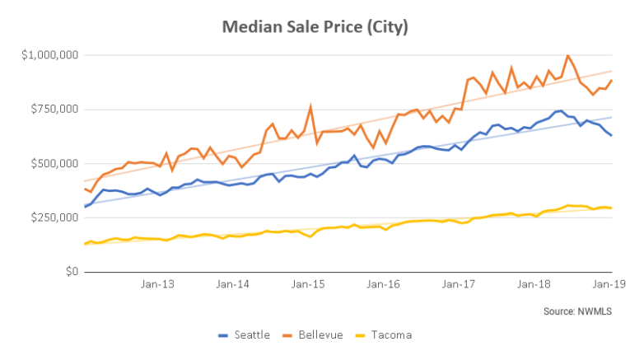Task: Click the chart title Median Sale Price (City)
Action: coord(315,27)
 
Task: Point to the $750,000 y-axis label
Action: coord(52,110)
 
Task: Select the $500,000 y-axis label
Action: coord(52,164)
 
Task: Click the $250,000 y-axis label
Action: coord(52,217)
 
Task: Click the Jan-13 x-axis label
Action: coord(157,284)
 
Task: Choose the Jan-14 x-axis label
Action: coord(233,284)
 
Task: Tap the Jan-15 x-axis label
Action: coord(308,284)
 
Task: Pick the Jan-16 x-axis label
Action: coord(384,284)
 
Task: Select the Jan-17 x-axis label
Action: coord(459,284)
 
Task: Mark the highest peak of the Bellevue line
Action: coord(567,56)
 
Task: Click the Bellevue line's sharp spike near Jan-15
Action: coord(310,106)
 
